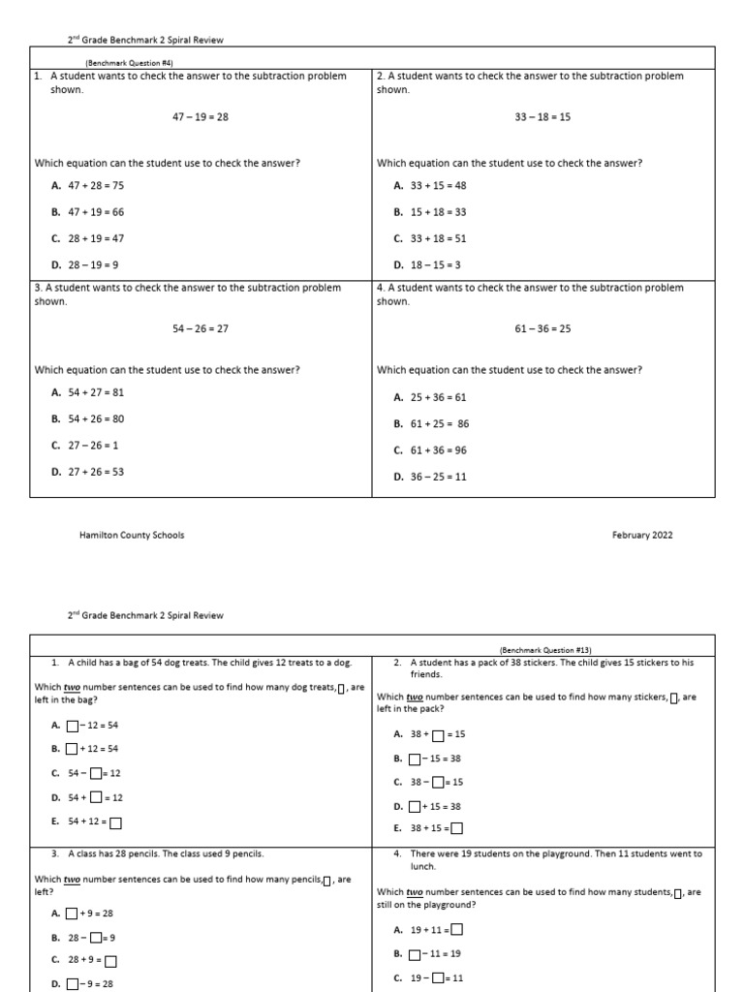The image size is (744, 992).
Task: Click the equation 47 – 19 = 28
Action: pyautogui.click(x=201, y=117)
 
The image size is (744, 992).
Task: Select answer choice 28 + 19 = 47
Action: pyautogui.click(x=95, y=238)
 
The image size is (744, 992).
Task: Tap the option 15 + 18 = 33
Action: pyautogui.click(x=437, y=212)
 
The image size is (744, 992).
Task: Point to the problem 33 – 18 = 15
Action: pyautogui.click(x=542, y=117)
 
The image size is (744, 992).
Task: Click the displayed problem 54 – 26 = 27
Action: pyautogui.click(x=201, y=329)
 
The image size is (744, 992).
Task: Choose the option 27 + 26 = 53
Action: pyautogui.click(x=95, y=472)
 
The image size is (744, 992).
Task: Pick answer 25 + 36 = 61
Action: pyautogui.click(x=437, y=397)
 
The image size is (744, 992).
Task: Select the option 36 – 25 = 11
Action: pyautogui.click(x=437, y=477)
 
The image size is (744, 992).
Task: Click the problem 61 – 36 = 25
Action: pyautogui.click(x=542, y=329)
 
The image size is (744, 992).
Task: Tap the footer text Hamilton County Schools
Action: pyautogui.click(x=132, y=535)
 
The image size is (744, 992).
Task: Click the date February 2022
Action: pyautogui.click(x=641, y=535)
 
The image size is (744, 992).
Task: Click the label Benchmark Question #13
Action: pyautogui.click(x=544, y=650)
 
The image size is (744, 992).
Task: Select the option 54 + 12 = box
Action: pyautogui.click(x=94, y=822)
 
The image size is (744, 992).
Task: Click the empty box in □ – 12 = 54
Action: pyautogui.click(x=73, y=726)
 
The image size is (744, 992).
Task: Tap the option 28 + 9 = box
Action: pyautogui.click(x=91, y=961)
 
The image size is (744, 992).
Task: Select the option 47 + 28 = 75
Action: pyautogui.click(x=95, y=185)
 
